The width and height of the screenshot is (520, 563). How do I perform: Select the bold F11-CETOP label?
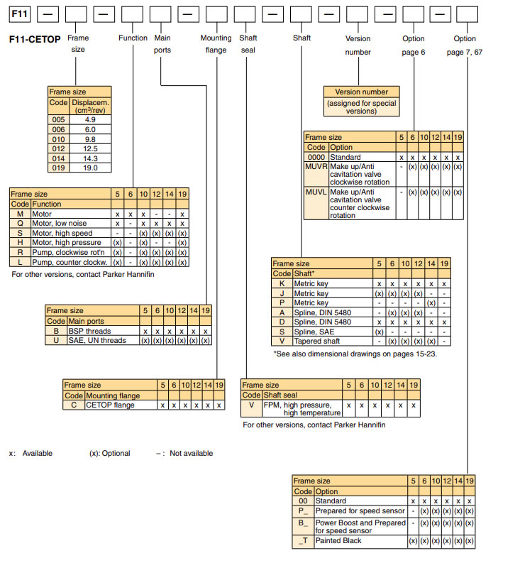[35, 40]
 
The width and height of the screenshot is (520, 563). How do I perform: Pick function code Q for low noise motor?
[20, 223]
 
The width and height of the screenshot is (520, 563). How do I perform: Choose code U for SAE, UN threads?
[56, 340]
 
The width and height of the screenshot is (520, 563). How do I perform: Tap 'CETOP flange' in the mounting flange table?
[110, 405]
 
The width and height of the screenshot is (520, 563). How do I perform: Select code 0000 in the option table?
[316, 157]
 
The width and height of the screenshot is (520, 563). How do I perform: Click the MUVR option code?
[316, 166]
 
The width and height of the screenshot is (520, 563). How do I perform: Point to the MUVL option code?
[316, 192]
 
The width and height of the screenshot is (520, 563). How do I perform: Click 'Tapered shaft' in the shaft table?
[317, 340]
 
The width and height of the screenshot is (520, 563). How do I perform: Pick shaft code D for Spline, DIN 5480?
[282, 322]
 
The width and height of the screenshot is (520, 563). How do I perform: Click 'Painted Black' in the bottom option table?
[338, 540]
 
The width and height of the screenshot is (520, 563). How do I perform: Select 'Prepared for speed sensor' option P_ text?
[360, 510]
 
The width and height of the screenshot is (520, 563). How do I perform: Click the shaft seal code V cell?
[251, 405]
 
